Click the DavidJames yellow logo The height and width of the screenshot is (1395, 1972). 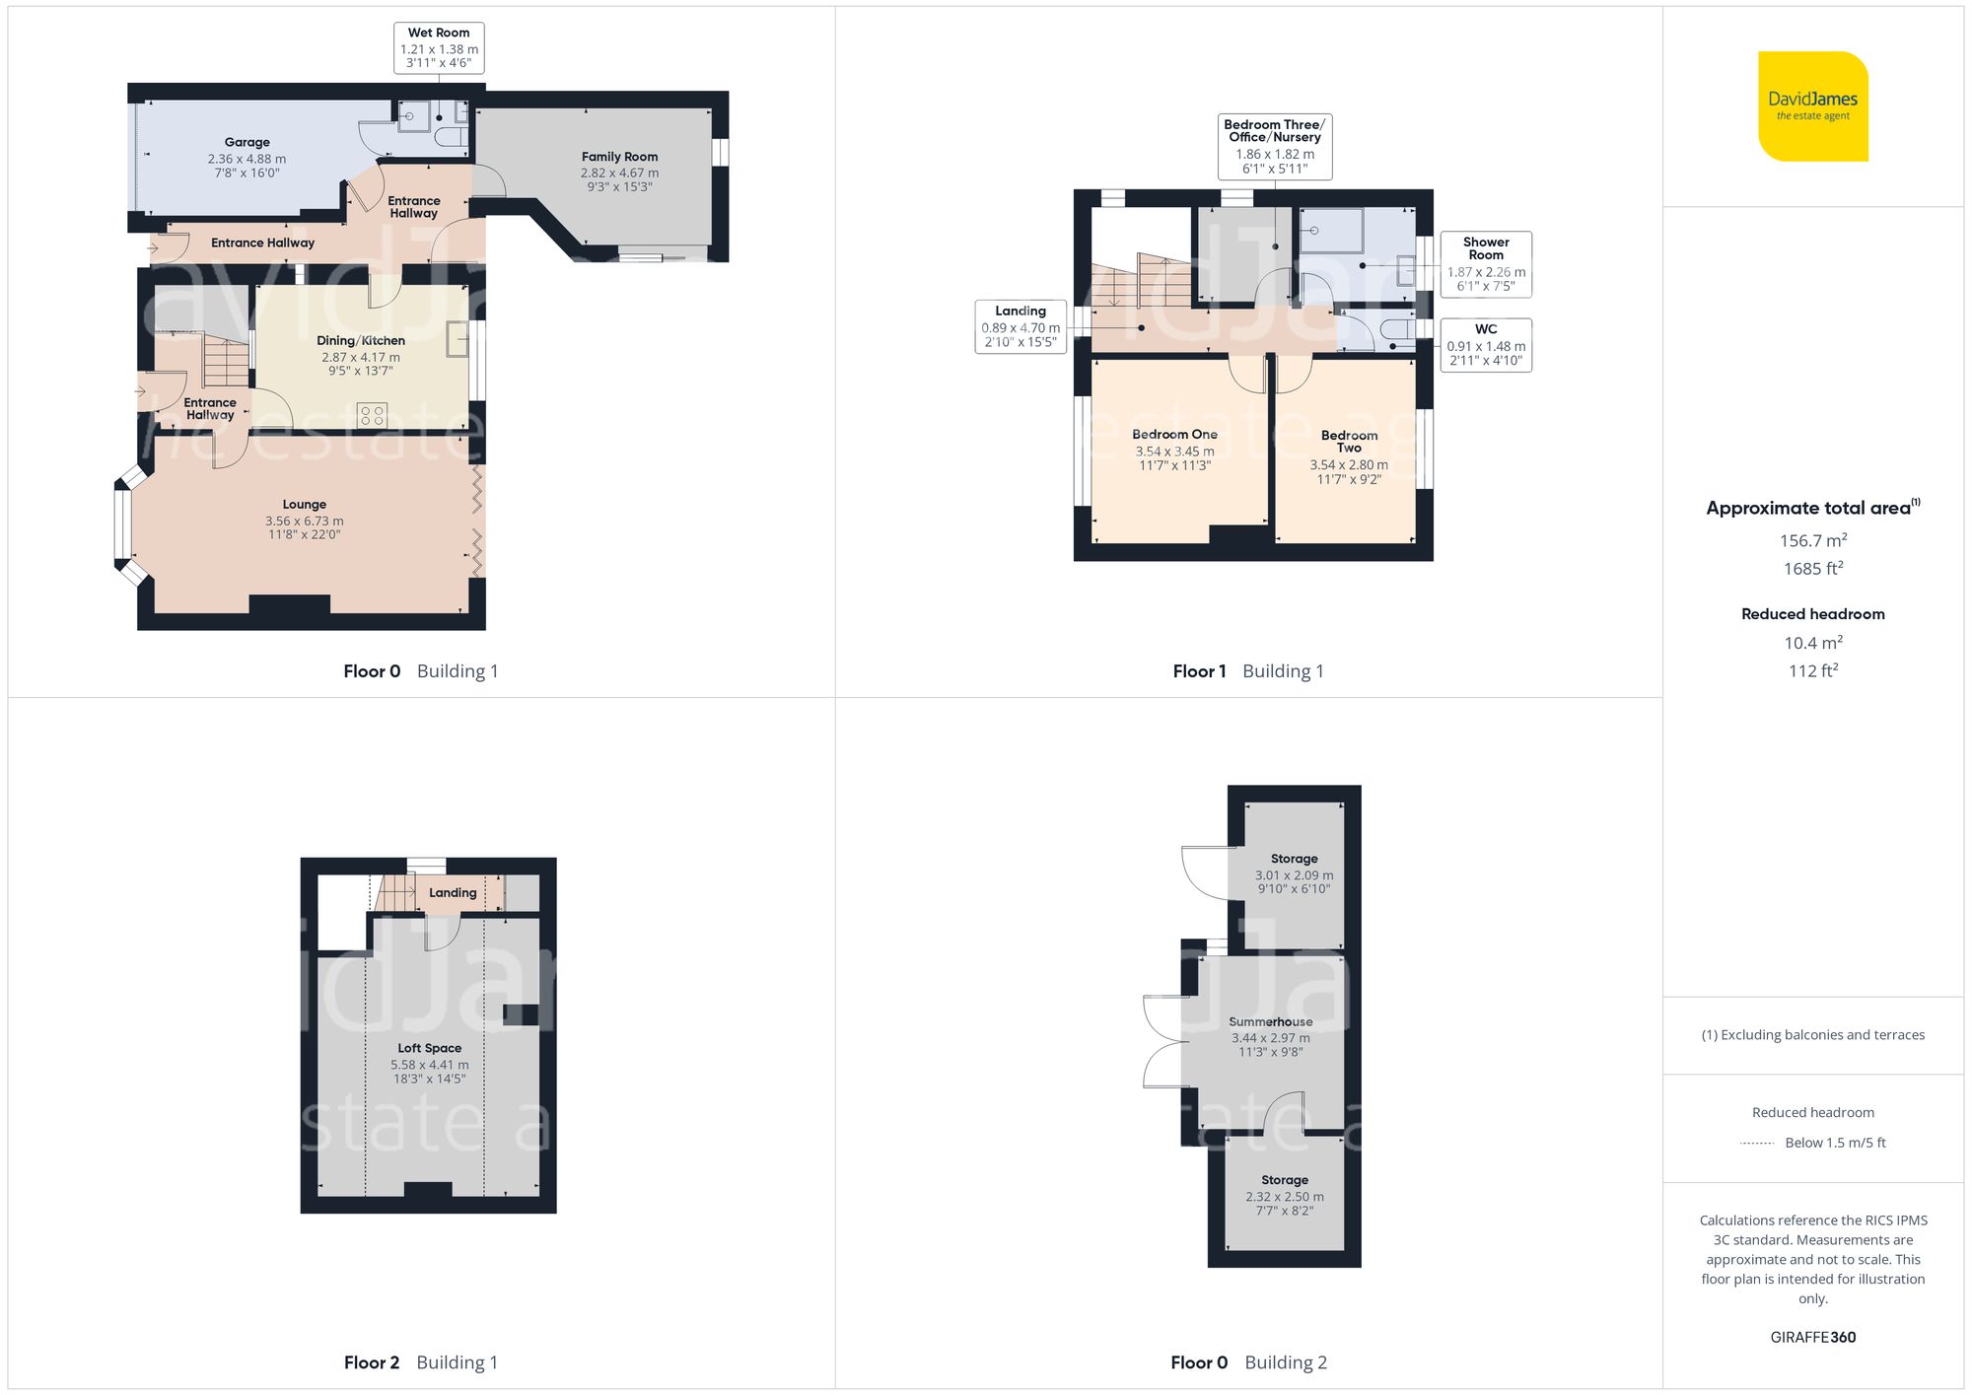(1812, 106)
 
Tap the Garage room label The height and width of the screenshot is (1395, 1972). (246, 142)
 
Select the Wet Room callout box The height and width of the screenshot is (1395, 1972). (439, 47)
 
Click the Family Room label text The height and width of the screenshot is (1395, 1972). (619, 157)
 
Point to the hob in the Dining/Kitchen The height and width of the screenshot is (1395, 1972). (372, 415)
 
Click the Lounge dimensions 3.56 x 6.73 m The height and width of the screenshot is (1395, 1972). (304, 521)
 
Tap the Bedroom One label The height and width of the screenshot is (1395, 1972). (1174, 434)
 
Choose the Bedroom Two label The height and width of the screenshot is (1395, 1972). (1349, 441)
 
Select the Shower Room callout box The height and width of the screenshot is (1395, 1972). (1485, 263)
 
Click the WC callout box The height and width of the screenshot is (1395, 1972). (1485, 344)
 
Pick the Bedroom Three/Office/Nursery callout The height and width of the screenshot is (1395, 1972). (1274, 146)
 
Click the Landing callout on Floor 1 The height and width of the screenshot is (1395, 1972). (1021, 326)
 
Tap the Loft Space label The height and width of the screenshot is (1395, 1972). (429, 1048)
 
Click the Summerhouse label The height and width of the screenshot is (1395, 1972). (1270, 1022)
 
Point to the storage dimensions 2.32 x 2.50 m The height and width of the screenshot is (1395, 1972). (1284, 1197)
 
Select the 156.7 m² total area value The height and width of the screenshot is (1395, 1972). (1812, 540)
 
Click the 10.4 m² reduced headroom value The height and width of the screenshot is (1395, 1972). (1812, 643)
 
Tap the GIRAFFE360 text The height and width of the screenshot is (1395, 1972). (1812, 1337)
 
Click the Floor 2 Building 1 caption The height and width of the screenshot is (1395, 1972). (421, 1362)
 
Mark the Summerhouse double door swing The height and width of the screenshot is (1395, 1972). (1161, 1042)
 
